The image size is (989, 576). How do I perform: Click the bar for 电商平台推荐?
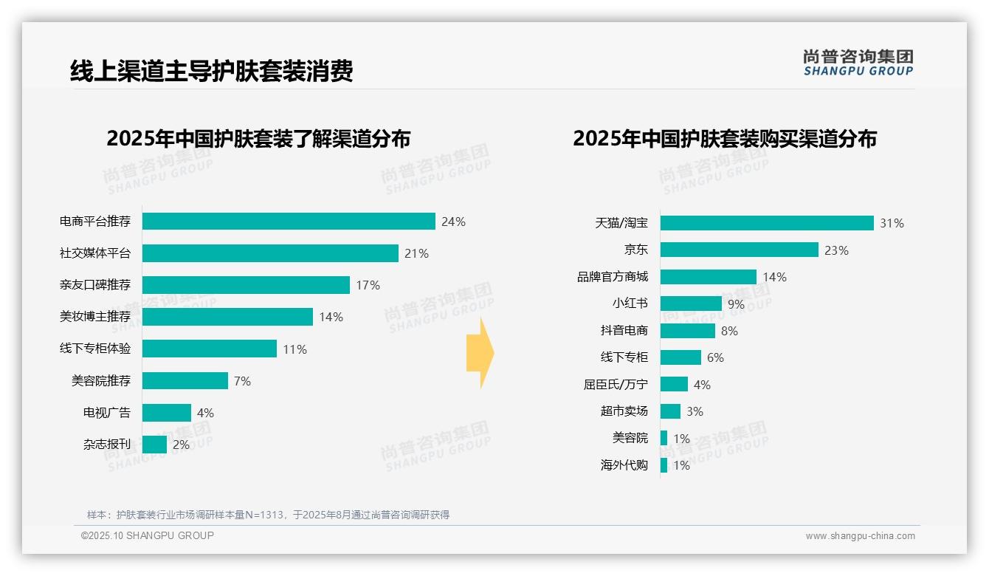289,222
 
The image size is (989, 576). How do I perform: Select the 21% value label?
416,253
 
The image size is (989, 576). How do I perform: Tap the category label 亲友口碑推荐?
95,285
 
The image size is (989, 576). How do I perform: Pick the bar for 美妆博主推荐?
227,317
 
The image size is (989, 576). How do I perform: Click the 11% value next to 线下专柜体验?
294,349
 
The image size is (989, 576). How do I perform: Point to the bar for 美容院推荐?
185,381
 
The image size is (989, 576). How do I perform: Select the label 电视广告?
107,413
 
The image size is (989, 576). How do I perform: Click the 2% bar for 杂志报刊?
154,445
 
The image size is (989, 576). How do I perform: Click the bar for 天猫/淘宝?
767,223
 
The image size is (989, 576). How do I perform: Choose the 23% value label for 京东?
836,250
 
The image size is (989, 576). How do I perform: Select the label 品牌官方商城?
613,277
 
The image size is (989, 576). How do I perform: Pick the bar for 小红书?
691,304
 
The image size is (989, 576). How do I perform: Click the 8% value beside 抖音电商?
729,331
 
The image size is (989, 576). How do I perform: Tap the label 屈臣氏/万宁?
616,385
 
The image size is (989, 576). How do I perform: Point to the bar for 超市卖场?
670,411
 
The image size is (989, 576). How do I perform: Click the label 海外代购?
624,465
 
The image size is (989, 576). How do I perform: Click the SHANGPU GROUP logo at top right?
858,62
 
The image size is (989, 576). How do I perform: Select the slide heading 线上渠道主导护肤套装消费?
212,71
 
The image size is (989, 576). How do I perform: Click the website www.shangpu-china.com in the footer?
860,536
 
